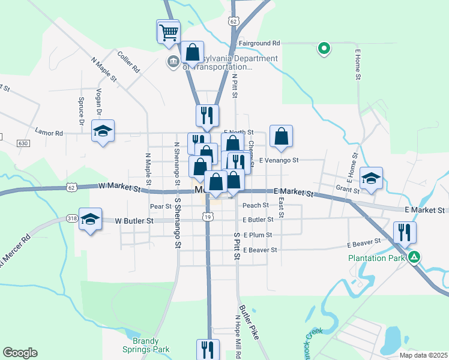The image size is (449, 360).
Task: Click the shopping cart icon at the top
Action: tap(169, 31)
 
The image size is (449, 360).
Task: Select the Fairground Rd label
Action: tap(259, 43)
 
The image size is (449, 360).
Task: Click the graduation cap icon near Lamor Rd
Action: tap(103, 131)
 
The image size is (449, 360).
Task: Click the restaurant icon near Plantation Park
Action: tap(405, 232)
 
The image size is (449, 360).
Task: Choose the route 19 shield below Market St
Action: tap(207, 216)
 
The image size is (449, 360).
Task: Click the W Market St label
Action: tap(120, 188)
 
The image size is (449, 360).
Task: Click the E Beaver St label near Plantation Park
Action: tap(364, 244)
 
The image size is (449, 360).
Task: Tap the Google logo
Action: tap(20, 353)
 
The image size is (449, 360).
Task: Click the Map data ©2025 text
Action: tap(423, 355)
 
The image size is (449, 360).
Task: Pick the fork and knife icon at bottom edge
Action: tap(208, 349)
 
